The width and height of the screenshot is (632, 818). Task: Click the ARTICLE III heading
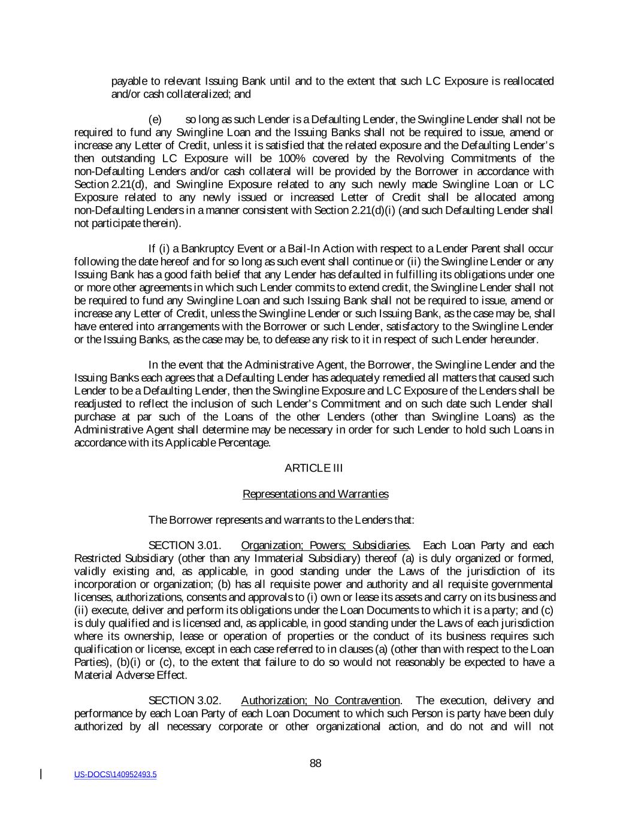[x=313, y=468]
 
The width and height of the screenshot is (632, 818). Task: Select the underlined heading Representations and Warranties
[x=315, y=494]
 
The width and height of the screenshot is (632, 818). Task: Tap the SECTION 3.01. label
[x=185, y=545]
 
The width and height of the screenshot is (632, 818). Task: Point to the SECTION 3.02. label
[x=185, y=701]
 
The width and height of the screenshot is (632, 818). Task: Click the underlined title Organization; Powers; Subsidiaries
[x=325, y=545]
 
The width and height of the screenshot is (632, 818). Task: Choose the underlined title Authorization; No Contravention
[x=320, y=701]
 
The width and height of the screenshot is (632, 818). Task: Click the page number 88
[x=316, y=763]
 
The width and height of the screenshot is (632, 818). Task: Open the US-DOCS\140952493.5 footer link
[x=115, y=775]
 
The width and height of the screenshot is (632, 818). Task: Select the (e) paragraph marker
[x=155, y=120]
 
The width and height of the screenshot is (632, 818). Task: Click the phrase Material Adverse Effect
[x=130, y=675]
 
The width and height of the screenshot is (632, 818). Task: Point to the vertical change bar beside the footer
[x=41, y=774]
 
